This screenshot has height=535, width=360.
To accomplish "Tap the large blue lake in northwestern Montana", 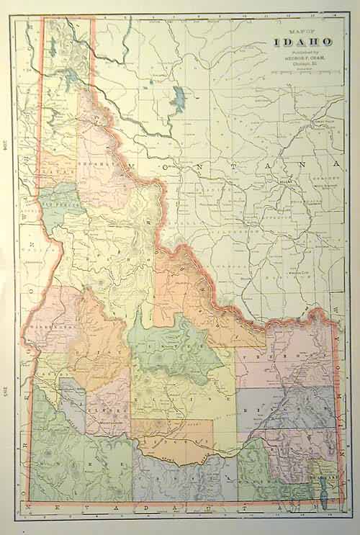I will (x=177, y=98).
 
